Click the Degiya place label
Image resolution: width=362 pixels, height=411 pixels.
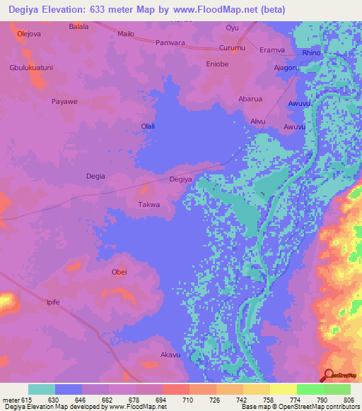181,179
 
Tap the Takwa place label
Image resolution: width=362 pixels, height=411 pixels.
148,205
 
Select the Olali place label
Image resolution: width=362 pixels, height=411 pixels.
148,126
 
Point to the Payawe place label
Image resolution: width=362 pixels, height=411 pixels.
64,102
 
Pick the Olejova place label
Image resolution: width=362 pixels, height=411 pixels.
29,33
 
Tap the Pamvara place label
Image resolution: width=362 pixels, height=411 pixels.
170,42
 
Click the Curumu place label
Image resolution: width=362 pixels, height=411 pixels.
231,47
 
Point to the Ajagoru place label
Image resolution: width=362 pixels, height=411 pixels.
288,68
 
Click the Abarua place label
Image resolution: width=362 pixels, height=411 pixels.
251,100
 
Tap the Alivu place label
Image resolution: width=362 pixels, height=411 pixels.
258,121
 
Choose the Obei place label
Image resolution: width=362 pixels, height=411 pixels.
119,273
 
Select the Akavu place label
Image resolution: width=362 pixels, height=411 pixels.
171,355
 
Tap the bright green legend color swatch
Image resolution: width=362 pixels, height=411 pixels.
310,389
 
